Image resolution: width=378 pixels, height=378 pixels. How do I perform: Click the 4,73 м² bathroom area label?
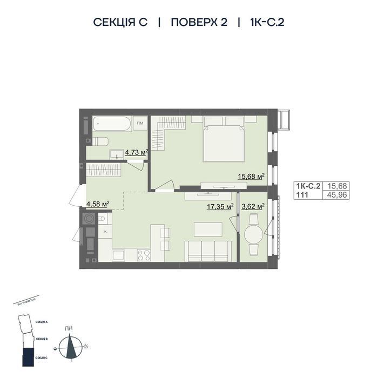[136, 152]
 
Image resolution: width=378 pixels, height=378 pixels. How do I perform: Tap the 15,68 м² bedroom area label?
[251, 176]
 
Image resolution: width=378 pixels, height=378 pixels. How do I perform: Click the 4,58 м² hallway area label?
[98, 204]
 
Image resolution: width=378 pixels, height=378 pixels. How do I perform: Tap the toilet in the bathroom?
[99, 141]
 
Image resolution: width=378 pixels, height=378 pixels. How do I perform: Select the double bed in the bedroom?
[224, 142]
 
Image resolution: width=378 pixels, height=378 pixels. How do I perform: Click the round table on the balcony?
[254, 234]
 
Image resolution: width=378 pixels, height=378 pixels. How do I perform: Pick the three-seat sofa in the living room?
[208, 251]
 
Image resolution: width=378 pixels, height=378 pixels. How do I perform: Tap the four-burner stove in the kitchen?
[144, 254]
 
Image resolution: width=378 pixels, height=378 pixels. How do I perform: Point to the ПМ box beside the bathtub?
[140, 124]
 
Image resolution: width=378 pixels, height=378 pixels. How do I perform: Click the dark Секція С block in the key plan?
[25, 356]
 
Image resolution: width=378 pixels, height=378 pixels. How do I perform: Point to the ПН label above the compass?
[69, 328]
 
